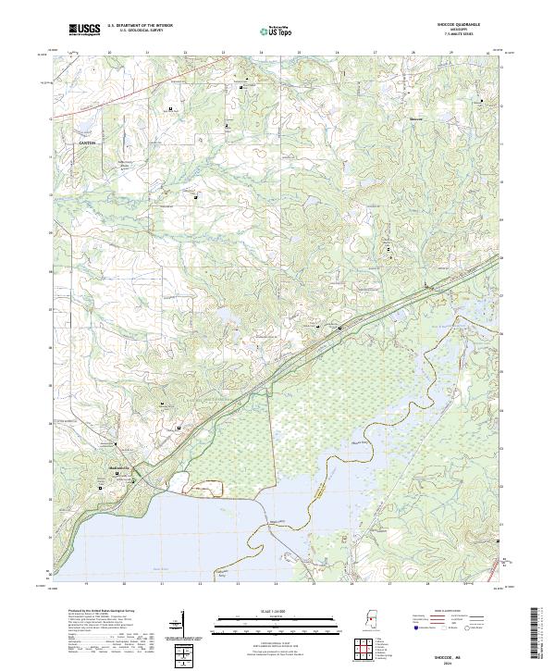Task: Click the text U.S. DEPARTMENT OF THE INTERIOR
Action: pos(147,26)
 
